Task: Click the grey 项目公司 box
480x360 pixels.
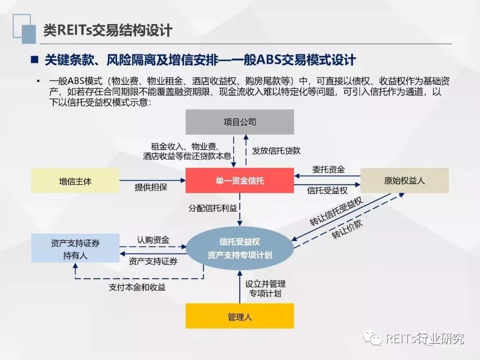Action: tap(240, 122)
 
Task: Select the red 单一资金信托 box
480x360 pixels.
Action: tap(240, 180)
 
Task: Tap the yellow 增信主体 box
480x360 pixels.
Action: tap(75, 181)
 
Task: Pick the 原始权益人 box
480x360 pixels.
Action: tap(404, 181)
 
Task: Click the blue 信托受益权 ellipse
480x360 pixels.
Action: tap(240, 248)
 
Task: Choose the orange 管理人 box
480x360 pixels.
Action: tap(240, 316)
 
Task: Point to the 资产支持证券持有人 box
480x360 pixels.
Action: tap(75, 249)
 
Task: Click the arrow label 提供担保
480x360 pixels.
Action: tap(151, 187)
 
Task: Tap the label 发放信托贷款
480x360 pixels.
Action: tap(276, 151)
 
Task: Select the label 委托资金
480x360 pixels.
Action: tap(328, 170)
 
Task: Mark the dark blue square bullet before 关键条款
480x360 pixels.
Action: tap(34, 60)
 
